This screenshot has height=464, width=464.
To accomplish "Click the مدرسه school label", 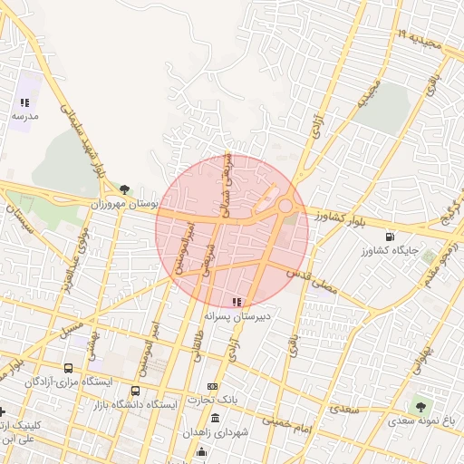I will [24, 116].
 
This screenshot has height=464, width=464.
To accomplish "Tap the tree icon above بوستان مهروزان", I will [124, 189].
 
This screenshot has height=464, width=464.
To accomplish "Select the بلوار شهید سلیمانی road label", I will [84, 145].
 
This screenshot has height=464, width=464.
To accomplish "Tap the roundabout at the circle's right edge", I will [285, 207].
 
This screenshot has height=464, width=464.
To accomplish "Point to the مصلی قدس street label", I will [312, 282].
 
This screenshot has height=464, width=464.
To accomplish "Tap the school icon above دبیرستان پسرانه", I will [237, 302].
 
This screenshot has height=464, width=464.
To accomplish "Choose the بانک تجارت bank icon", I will [213, 387].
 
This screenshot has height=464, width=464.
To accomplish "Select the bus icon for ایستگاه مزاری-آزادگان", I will [69, 369].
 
